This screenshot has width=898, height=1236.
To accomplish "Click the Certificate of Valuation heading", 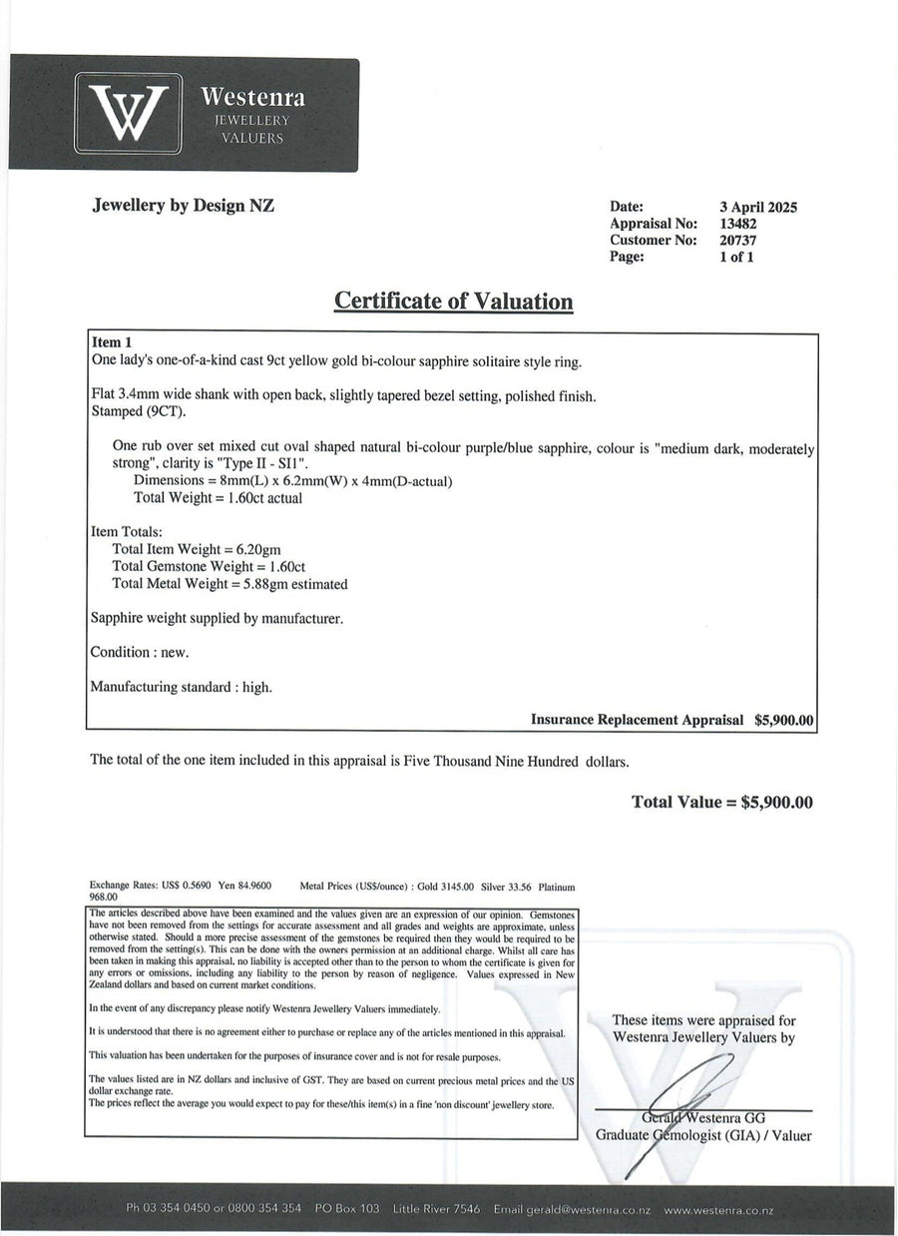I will pos(453,301).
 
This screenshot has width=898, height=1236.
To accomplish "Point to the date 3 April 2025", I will pos(758,208).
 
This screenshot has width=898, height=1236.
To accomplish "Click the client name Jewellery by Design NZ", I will pos(183,206).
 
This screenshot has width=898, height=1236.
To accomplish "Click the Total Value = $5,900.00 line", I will pos(722,802).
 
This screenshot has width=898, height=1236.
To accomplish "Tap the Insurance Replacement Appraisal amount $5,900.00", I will pos(784,719).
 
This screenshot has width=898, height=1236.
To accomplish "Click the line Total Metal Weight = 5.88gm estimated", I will pos(229,584).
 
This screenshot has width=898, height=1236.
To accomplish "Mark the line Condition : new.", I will pos(139,652).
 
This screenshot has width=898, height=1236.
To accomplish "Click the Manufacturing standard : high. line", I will pos(181,687).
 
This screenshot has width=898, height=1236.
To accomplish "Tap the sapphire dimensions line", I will pos(292,481).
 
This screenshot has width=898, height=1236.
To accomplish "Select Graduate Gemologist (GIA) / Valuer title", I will pos(702,1135).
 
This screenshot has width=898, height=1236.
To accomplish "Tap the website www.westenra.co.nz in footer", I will pos(718,1209).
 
